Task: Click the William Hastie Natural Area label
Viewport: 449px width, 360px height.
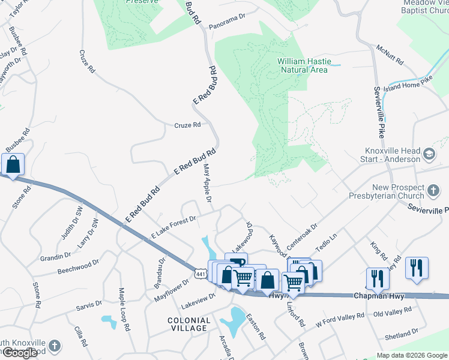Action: (304, 65)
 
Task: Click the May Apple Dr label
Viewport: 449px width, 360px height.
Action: (208, 182)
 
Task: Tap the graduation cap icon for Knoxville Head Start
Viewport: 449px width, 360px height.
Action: (429, 154)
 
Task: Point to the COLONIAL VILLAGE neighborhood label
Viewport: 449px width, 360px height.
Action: (189, 325)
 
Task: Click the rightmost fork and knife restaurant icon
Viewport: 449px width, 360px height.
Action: (417, 268)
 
